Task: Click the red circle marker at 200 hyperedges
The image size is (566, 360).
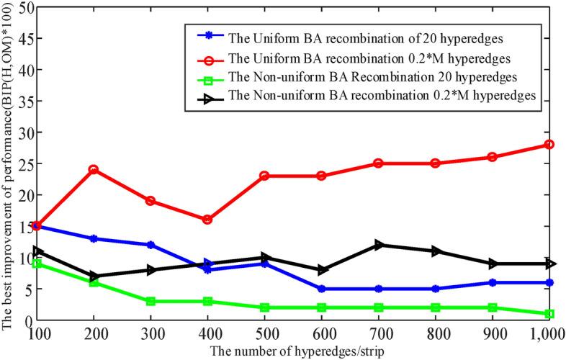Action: (93, 170)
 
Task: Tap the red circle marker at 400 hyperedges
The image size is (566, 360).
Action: (207, 220)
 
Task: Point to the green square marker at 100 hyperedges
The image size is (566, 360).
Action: (36, 264)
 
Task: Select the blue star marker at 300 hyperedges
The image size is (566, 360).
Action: (151, 245)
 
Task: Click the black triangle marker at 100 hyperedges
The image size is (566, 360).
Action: (36, 251)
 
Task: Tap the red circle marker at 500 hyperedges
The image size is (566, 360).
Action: (265, 176)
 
